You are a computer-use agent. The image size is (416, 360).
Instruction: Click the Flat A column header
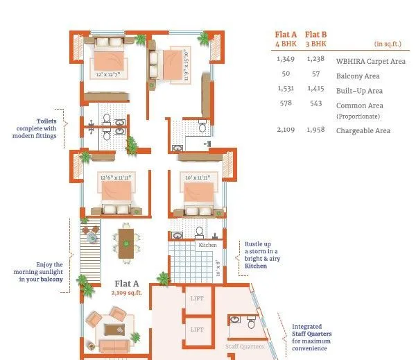(285, 38)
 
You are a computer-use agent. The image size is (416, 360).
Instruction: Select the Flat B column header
(315, 38)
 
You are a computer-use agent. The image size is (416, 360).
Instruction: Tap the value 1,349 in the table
(285, 60)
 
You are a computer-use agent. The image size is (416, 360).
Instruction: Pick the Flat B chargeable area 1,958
(315, 130)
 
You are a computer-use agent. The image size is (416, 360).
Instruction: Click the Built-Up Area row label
(359, 91)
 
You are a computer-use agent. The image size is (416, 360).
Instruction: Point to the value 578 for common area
(285, 103)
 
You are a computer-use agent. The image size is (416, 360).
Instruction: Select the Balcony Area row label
(358, 76)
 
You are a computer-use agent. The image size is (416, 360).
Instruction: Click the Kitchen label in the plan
(207, 245)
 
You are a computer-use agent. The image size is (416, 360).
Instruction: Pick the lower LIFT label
(197, 330)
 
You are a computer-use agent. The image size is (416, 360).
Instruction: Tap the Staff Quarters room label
(244, 345)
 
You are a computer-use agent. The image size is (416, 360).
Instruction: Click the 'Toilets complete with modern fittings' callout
(36, 127)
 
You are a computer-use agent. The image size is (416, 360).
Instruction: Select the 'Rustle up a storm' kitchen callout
(261, 255)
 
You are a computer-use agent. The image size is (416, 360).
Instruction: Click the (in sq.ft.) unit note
(388, 43)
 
